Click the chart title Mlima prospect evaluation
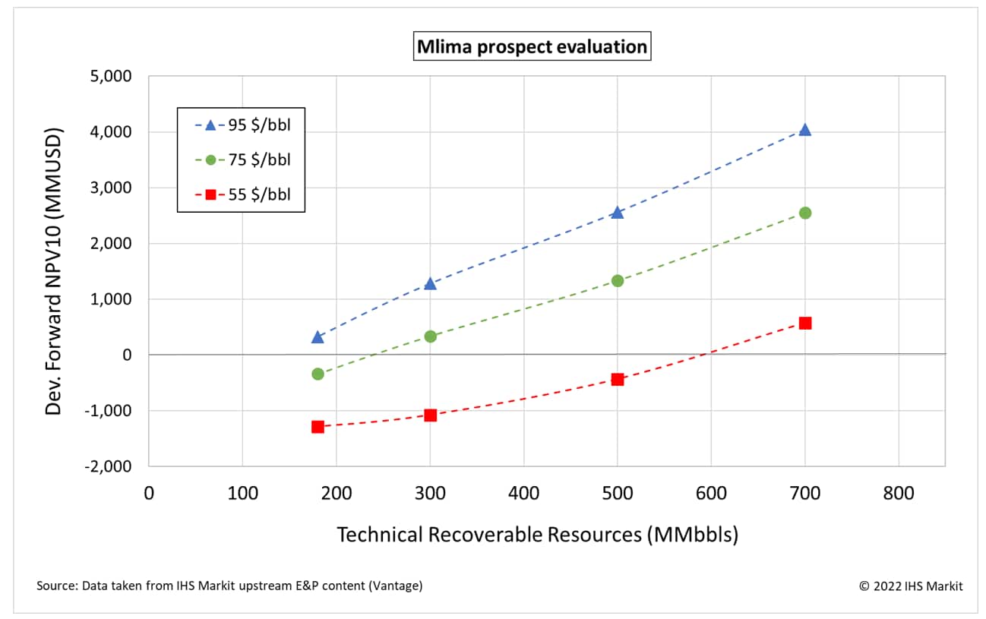tap(532, 47)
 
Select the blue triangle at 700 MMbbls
tap(804, 130)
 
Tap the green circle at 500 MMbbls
tap(617, 280)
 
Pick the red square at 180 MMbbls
tap(318, 427)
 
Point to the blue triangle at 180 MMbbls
tap(318, 336)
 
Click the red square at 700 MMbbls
tap(804, 323)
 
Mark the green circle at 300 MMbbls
tap(430, 336)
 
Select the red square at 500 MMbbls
tap(617, 379)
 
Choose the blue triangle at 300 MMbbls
tap(430, 283)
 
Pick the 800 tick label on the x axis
tap(898, 493)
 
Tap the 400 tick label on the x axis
tap(523, 493)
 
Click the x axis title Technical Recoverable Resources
tap(537, 534)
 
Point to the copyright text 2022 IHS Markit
tap(911, 586)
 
